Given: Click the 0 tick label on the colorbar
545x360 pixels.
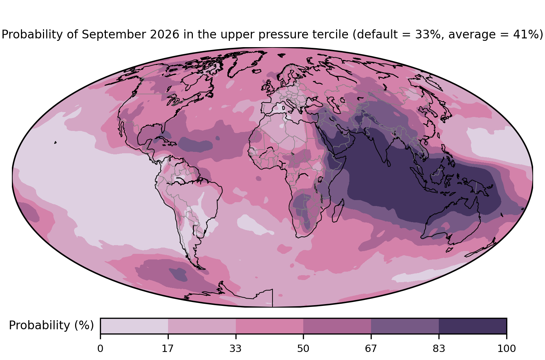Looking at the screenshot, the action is (100, 349).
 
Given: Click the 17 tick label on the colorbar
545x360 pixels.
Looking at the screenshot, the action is (168, 349).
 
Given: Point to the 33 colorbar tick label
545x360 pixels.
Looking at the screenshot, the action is (235, 349).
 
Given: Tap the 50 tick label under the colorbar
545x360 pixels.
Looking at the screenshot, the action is (303, 349).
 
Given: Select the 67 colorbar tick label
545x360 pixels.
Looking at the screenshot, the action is (371, 349).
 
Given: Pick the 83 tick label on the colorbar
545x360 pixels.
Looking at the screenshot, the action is (439, 349).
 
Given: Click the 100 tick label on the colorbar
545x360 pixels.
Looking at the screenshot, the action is (507, 349).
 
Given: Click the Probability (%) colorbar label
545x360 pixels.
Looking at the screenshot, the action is (51, 325).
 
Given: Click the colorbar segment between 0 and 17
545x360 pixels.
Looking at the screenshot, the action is (134, 326).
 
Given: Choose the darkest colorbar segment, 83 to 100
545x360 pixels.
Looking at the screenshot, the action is (473, 326).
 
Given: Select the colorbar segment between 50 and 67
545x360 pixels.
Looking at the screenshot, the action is (337, 326).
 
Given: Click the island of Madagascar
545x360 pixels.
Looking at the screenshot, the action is (338, 211).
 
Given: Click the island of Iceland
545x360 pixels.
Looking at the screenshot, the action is (257, 71).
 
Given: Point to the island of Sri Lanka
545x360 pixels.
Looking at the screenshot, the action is (388, 163).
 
